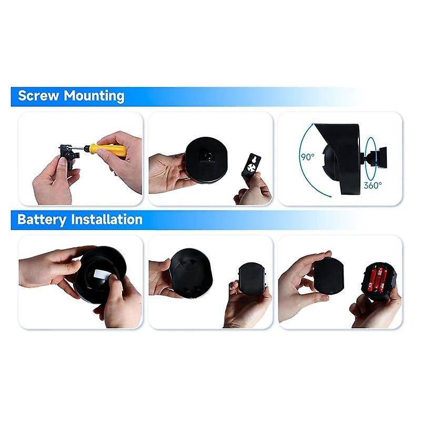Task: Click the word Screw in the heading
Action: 38,96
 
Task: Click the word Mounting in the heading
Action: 94,96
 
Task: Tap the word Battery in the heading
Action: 42,219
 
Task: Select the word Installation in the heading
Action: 107,219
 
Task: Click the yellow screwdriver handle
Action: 108,151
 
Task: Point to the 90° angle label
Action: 307,157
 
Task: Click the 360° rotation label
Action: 373,185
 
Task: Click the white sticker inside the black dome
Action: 101,275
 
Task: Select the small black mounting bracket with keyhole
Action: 252,165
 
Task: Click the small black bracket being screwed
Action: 68,155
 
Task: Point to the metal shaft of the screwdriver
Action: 78,148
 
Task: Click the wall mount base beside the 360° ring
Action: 379,157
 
